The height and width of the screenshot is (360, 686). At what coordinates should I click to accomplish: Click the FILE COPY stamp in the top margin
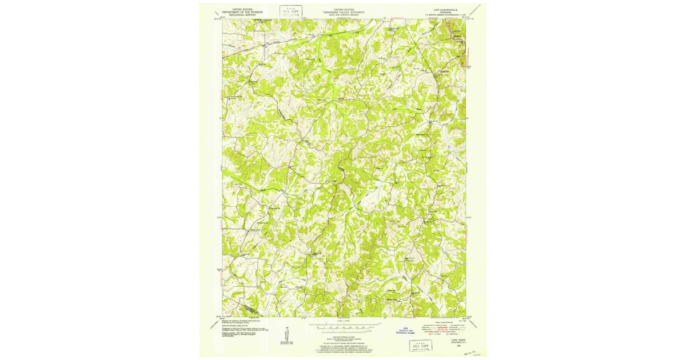(291, 11)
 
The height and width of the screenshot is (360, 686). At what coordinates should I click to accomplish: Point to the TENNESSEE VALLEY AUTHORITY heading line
(344, 11)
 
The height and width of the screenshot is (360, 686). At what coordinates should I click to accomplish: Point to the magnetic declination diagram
(286, 336)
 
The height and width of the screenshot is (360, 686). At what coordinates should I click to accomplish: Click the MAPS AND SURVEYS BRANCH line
(344, 14)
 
